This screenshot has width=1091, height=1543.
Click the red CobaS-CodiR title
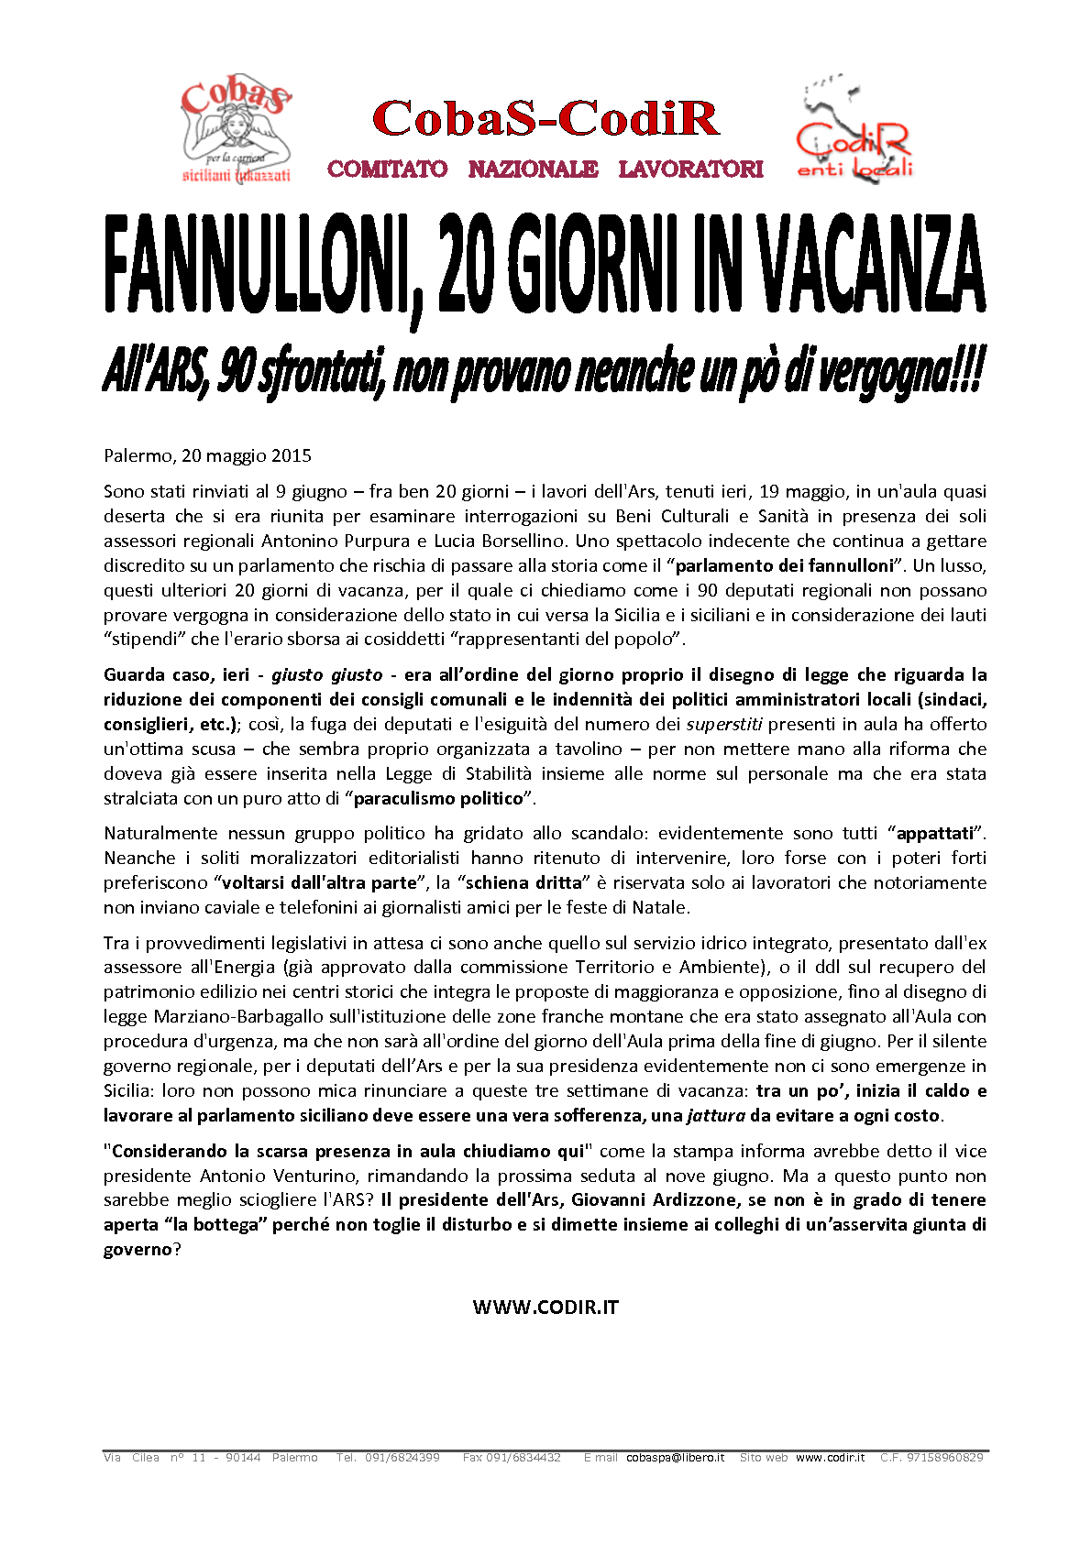click(545, 119)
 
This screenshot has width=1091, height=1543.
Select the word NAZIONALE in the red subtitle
click(533, 170)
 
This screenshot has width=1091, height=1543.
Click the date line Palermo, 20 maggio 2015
click(207, 455)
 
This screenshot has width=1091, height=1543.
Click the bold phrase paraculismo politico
click(438, 798)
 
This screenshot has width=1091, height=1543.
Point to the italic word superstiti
click(724, 724)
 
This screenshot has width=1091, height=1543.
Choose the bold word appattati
click(934, 834)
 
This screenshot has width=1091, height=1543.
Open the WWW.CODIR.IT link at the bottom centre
click(545, 1308)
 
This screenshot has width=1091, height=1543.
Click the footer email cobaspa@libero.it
click(675, 1457)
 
